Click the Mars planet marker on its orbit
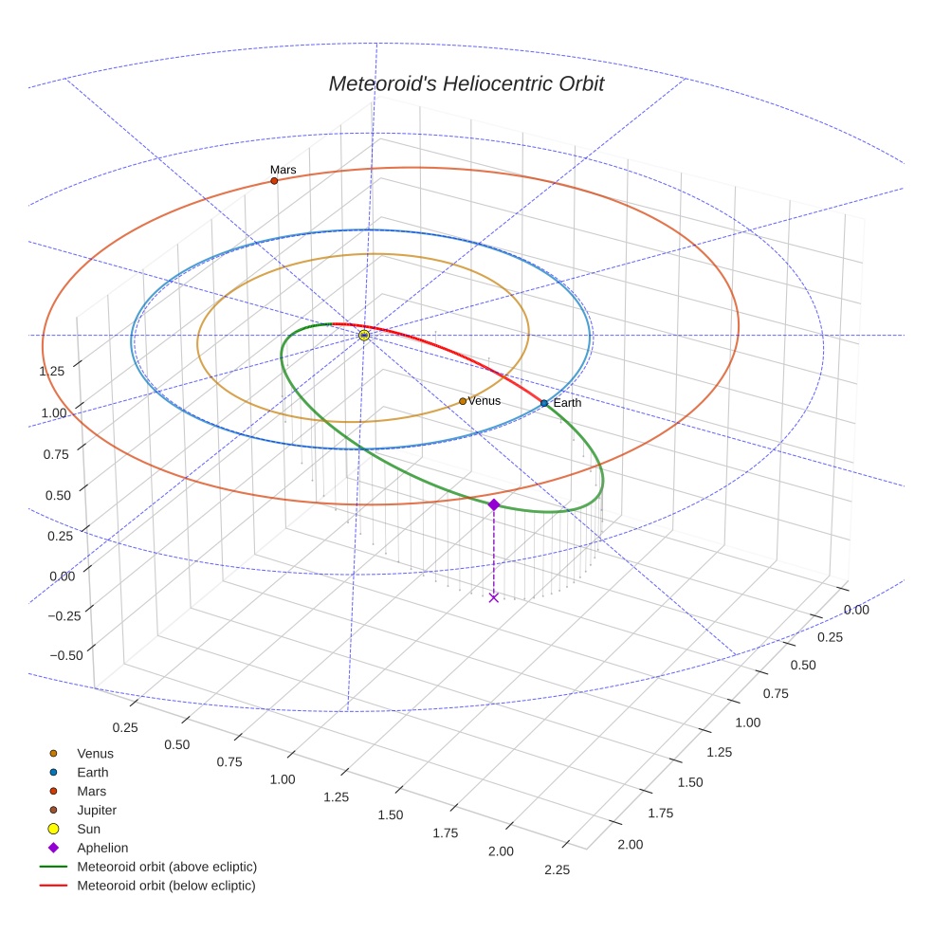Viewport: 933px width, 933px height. [x=274, y=180]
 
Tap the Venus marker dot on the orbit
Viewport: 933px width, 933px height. [x=463, y=401]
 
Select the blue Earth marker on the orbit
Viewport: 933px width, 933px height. [x=544, y=403]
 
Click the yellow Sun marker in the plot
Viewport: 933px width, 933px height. [x=364, y=335]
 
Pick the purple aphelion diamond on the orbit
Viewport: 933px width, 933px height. [x=494, y=504]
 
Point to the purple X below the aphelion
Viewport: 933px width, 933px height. [x=494, y=596]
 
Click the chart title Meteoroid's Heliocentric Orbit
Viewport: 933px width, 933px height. [x=466, y=83]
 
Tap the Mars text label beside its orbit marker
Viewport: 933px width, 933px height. [x=283, y=170]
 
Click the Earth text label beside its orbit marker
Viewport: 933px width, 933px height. [x=567, y=403]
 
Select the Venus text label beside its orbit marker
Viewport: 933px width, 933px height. [x=484, y=401]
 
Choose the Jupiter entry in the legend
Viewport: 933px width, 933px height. [x=96, y=810]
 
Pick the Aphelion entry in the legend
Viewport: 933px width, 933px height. [x=101, y=848]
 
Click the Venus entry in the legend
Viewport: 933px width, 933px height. [x=95, y=753]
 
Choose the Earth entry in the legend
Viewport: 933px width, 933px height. [x=92, y=772]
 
